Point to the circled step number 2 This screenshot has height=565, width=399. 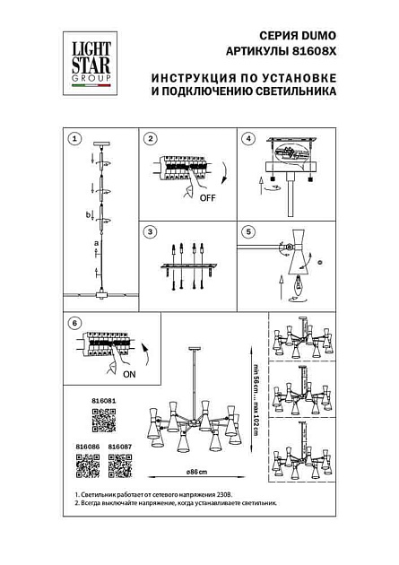pos(151,139)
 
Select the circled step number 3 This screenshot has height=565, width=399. pos(151,231)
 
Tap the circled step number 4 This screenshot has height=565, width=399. pos(249,139)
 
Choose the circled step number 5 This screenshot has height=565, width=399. pos(249,231)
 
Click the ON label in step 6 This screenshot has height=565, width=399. pos(127,376)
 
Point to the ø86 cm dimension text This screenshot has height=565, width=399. pos(196,470)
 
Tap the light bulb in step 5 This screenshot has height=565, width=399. pos(302,287)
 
